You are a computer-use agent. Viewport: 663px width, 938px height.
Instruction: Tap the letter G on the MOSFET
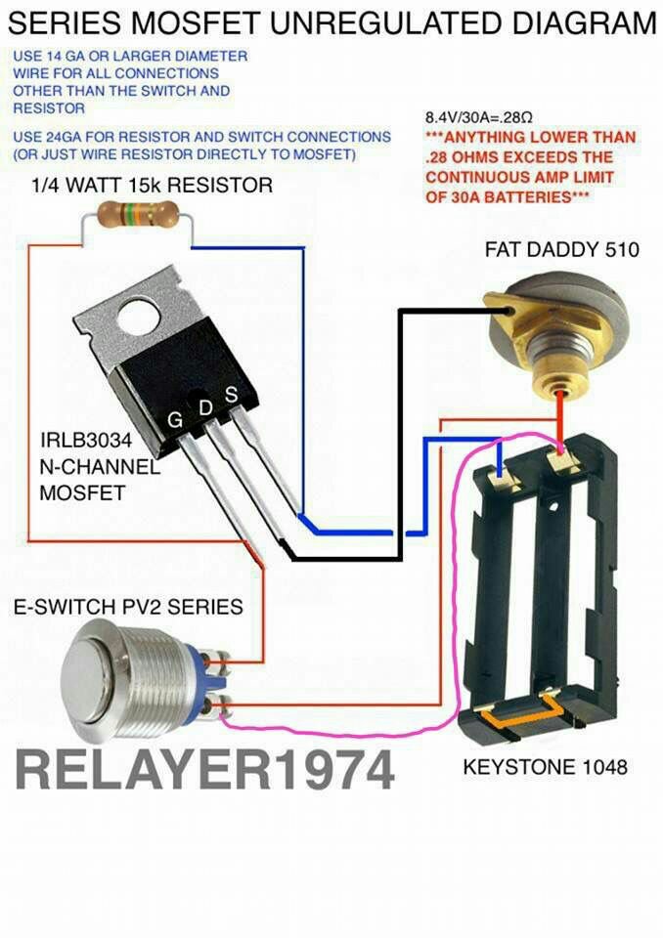[175, 421]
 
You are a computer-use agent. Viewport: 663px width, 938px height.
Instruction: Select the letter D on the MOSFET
[205, 407]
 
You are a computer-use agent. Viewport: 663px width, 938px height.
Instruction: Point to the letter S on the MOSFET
[231, 395]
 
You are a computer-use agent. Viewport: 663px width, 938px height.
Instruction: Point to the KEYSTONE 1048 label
[545, 767]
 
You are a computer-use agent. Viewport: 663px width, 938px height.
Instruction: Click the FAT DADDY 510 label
[561, 250]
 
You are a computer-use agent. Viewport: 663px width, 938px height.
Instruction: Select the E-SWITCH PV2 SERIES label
[128, 607]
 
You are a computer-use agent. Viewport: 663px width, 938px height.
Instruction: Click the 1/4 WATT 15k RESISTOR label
[153, 185]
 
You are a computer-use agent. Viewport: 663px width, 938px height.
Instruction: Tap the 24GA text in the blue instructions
[68, 137]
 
